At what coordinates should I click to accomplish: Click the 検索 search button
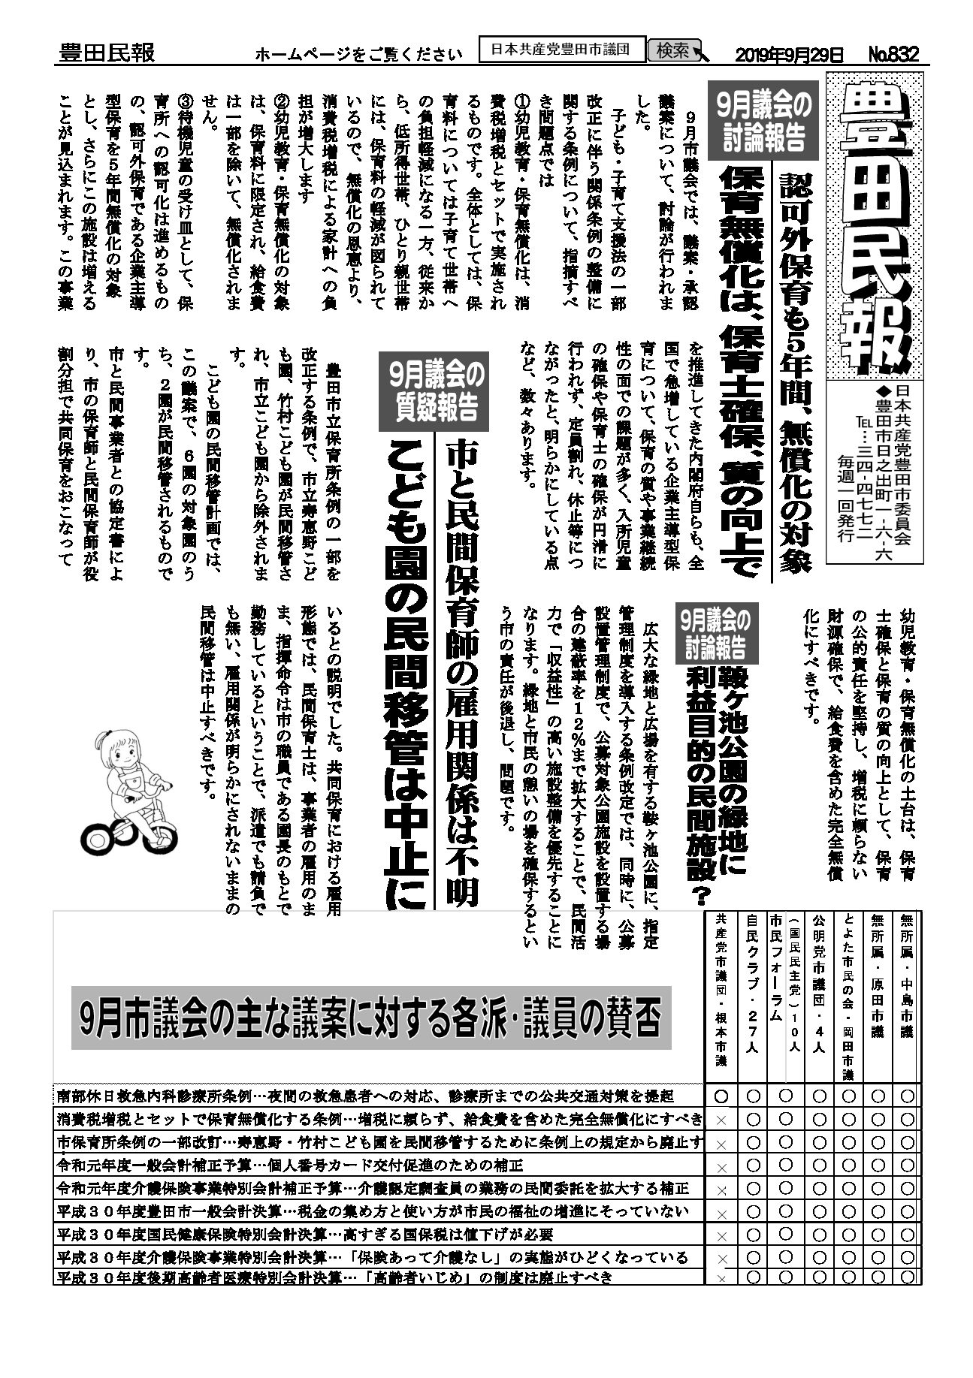pyautogui.click(x=673, y=50)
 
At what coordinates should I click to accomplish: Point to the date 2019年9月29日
pyautogui.click(x=789, y=54)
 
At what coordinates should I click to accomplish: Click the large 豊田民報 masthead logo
pyautogui.click(x=875, y=225)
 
